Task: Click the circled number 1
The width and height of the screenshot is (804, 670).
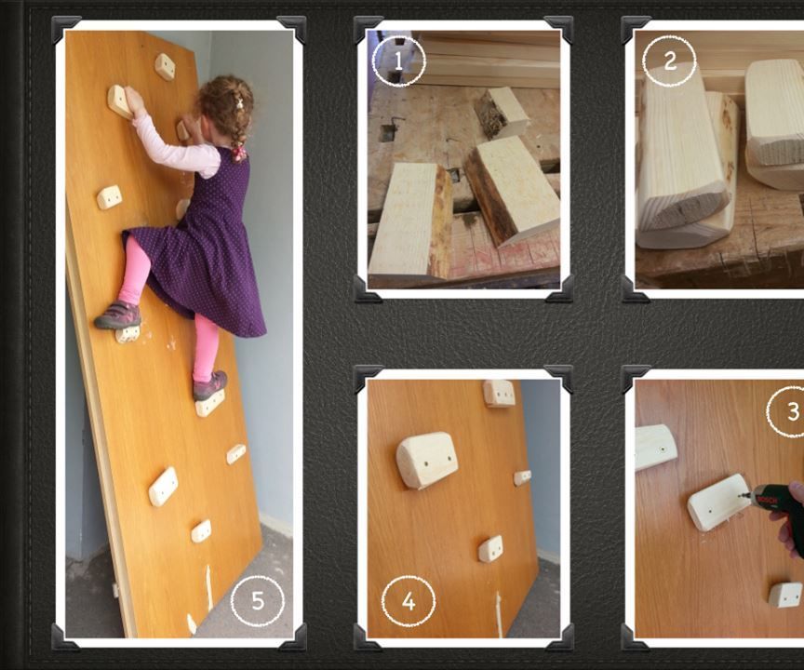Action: tap(398, 61)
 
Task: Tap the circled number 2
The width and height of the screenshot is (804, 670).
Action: tap(669, 60)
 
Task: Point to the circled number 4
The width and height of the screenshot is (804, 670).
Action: tap(408, 601)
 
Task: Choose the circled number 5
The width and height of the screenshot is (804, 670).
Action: tap(257, 601)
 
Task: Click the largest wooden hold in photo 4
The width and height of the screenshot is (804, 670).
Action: tap(426, 460)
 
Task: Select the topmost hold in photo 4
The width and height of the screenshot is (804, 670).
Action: tap(500, 393)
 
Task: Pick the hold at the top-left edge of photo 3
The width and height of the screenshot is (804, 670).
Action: tap(655, 446)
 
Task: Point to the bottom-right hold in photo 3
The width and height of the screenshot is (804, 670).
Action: tap(785, 595)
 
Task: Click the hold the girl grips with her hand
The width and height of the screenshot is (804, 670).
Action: tap(119, 100)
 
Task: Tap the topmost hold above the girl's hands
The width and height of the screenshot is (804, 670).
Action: tap(165, 67)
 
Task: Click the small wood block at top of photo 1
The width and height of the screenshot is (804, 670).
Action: tap(502, 110)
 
